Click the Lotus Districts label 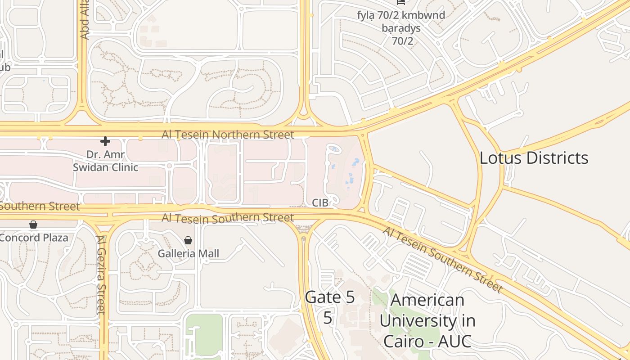coord(534,158)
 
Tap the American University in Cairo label coord(427,320)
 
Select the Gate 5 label coord(330,297)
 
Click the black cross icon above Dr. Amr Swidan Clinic coord(105,141)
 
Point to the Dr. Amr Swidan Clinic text coord(106,161)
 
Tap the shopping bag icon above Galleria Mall coord(188,240)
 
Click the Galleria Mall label coord(188,253)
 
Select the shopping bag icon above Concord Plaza coord(33,224)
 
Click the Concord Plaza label coord(34,237)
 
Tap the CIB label coord(320,202)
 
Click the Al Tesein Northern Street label coord(228,135)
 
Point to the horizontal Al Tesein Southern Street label coord(228,218)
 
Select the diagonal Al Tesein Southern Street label coord(442,260)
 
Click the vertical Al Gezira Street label coord(101,274)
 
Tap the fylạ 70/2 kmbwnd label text coord(401,15)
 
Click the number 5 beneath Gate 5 coord(328,318)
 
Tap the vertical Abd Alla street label coord(84,20)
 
